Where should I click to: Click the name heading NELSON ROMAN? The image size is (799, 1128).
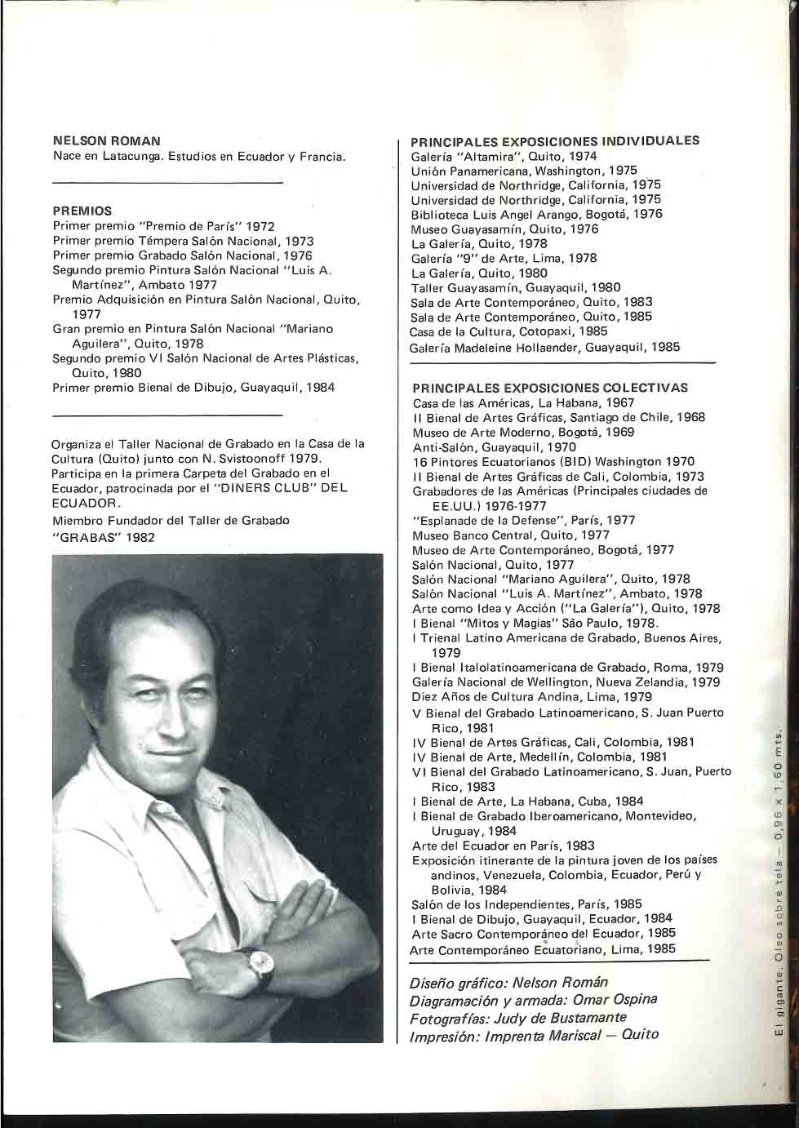(x=106, y=141)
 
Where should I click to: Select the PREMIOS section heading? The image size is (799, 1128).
(x=82, y=211)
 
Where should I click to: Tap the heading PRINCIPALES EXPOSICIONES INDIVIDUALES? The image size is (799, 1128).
(x=555, y=140)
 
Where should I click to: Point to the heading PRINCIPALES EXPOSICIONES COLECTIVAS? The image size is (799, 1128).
(x=550, y=388)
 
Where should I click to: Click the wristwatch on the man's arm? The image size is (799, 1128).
(x=260, y=966)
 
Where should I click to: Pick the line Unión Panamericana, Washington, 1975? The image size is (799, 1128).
(x=524, y=171)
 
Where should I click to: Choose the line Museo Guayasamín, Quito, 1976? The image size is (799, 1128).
(x=504, y=229)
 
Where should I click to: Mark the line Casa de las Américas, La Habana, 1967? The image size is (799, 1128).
(x=523, y=402)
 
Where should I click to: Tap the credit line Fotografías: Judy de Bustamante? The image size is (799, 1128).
(x=517, y=1017)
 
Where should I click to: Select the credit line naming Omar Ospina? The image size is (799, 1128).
(x=533, y=1000)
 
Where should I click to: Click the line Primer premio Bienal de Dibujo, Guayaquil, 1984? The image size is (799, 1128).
(x=193, y=388)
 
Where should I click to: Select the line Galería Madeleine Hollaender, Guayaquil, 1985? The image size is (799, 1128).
(x=544, y=347)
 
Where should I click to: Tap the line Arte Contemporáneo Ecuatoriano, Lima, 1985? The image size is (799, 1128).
(x=544, y=949)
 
